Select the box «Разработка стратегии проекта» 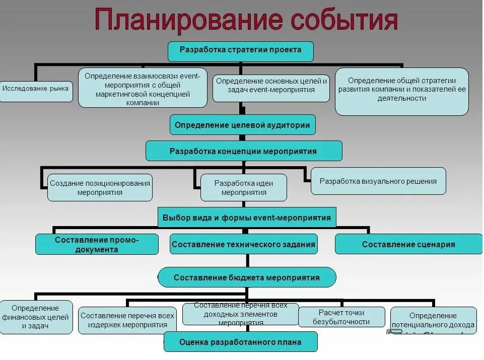[x=241, y=50]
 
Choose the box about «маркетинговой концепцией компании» [x=143, y=88]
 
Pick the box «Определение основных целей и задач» [x=271, y=86]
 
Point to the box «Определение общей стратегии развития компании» [x=401, y=91]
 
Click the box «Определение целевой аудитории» [x=243, y=124]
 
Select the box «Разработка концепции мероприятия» [x=244, y=151]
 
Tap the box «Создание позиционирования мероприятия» [x=100, y=187]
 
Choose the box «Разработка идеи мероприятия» [x=244, y=187]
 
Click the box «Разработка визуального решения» [x=378, y=181]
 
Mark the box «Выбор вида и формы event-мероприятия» [x=247, y=218]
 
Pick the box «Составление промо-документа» [x=97, y=244]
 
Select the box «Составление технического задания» [x=244, y=244]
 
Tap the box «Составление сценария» [x=408, y=244]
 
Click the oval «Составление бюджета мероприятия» [x=247, y=277]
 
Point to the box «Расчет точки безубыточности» [x=341, y=317]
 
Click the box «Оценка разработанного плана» [x=241, y=342]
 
